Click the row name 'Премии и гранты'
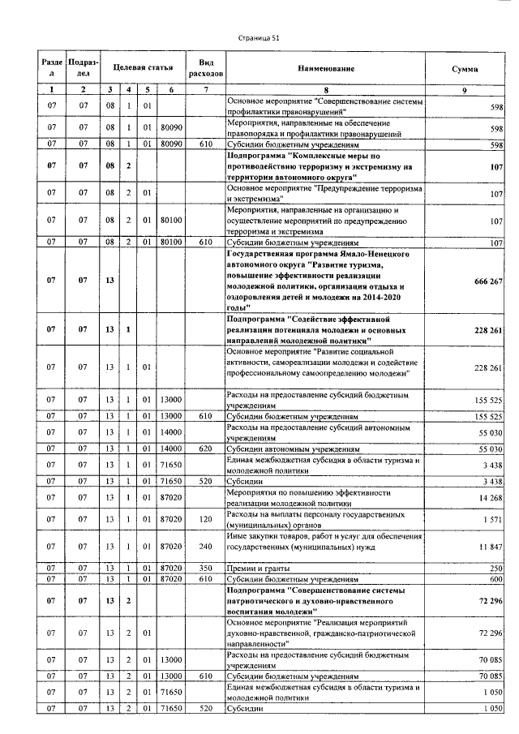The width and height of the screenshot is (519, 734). click(255, 569)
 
